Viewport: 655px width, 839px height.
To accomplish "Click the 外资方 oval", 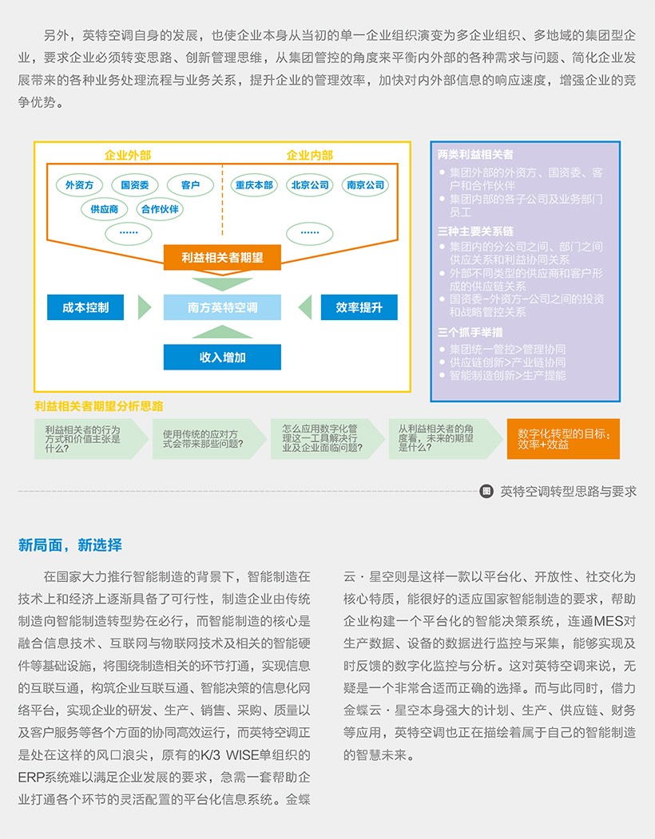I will (x=79, y=185).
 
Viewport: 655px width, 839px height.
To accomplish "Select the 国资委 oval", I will (x=134, y=185).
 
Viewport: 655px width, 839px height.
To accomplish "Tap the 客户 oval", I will (x=190, y=185).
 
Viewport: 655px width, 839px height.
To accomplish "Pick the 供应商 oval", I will (x=104, y=209).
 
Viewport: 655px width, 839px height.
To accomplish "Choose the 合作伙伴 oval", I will (x=159, y=209).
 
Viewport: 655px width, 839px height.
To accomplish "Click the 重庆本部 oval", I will (x=253, y=185).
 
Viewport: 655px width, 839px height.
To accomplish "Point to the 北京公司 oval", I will (x=310, y=185).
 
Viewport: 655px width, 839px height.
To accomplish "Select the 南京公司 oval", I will (x=364, y=185).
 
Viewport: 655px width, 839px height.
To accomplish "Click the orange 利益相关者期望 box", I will (x=222, y=257).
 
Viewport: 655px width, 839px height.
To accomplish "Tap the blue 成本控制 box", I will (x=85, y=307).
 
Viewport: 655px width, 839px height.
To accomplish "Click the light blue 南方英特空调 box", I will (x=222, y=307).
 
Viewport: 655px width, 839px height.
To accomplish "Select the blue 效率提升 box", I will (x=359, y=307).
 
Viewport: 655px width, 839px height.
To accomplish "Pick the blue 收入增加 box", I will (x=222, y=357).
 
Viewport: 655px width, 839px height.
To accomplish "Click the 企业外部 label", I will (x=128, y=155).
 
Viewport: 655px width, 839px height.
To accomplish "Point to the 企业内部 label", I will (x=310, y=155).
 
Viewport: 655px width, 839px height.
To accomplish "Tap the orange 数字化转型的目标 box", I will (x=563, y=438).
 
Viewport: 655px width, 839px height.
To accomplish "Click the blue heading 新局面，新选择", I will (x=70, y=545).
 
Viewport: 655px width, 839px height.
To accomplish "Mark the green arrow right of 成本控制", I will (x=145, y=307).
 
